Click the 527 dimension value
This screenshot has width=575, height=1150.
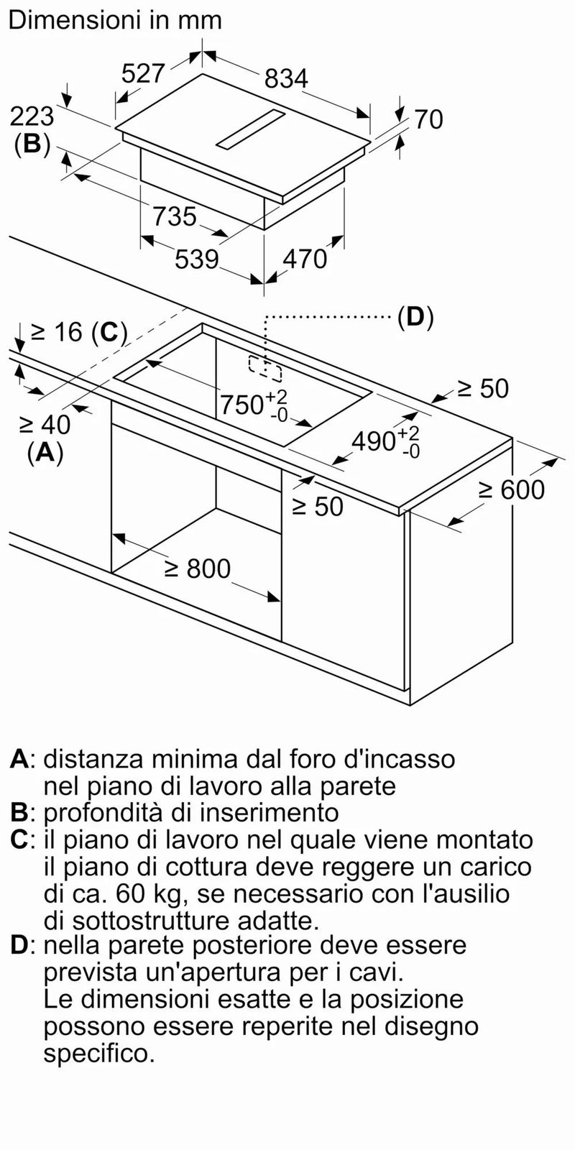point(143,73)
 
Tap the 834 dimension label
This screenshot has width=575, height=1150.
point(286,78)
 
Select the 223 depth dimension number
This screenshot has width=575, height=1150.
point(32,116)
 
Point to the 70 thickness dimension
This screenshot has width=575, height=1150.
point(428,119)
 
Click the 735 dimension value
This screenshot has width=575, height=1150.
point(175,216)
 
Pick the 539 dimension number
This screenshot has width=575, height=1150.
point(197,259)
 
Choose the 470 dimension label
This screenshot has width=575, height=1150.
point(305,259)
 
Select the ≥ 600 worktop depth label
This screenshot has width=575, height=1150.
point(511,489)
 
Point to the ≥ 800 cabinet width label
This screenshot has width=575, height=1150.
point(198,569)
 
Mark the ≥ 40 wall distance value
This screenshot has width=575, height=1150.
point(45,425)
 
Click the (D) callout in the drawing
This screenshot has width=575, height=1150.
point(416,318)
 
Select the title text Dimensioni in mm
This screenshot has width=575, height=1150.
point(116,21)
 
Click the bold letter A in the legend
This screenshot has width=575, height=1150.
point(19,759)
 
